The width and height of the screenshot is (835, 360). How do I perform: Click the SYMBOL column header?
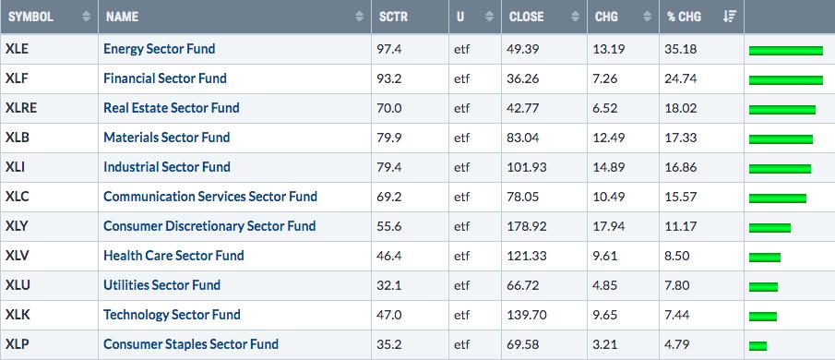pos(30,17)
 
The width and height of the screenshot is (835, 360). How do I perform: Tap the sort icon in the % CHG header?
pos(729,17)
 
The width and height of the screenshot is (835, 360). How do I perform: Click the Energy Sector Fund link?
pos(160,49)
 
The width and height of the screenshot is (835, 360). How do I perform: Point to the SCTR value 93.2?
pos(391,78)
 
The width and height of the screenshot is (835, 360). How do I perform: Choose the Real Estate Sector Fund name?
pos(172,108)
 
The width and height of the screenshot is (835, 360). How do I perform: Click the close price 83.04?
pos(524,138)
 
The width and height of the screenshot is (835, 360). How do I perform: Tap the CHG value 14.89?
pos(609,167)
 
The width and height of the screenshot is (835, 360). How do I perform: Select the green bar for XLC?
pos(778,198)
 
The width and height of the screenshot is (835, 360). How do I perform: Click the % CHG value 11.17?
pos(677,226)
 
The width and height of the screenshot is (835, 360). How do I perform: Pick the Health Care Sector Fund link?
pos(173,256)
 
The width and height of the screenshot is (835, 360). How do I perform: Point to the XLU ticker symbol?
pos(18,285)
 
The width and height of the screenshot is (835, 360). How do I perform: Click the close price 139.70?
pos(527,315)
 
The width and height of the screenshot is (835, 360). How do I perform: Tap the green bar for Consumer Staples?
pos(757,346)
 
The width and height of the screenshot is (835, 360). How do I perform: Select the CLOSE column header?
pos(526,17)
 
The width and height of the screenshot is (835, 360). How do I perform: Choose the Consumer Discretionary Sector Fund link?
pos(209,226)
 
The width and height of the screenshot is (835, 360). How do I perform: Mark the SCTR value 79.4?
pos(391,167)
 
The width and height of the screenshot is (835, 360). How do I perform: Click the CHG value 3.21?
pos(605,344)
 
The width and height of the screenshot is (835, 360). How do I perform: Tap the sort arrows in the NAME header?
pos(360,17)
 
